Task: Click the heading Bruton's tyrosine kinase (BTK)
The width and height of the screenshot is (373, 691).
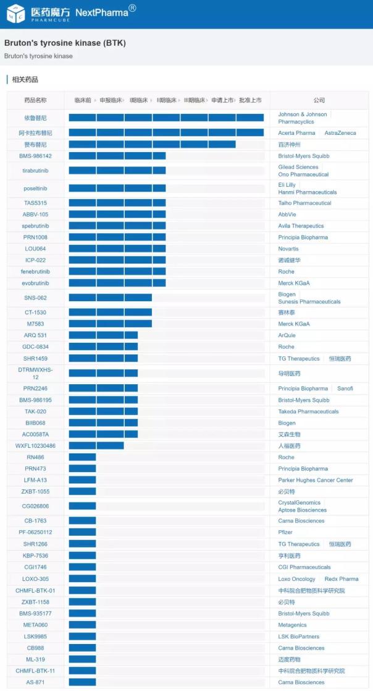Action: point(65,43)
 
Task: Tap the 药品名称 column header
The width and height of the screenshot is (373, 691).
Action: point(35,100)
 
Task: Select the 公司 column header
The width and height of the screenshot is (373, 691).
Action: point(319,100)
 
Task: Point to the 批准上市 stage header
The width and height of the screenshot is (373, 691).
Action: point(250,100)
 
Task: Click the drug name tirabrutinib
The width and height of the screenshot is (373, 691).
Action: point(35,170)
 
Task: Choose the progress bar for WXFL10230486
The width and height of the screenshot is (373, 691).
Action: point(96,445)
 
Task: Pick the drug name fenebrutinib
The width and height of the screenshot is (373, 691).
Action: point(35,272)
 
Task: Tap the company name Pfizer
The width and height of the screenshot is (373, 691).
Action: point(286,532)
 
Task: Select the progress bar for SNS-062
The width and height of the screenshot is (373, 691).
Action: point(110,298)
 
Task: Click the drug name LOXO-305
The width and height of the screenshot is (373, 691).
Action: point(35,579)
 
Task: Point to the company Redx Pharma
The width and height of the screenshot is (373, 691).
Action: point(342,579)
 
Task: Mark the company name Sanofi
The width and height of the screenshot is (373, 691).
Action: point(345,388)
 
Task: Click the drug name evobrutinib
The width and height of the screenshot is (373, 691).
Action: point(35,283)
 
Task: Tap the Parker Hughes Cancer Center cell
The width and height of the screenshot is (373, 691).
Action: point(316,480)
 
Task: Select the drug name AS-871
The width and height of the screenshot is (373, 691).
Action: point(35,682)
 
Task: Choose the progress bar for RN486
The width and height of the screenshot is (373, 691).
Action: point(82,457)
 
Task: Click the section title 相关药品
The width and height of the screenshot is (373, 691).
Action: point(25,80)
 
